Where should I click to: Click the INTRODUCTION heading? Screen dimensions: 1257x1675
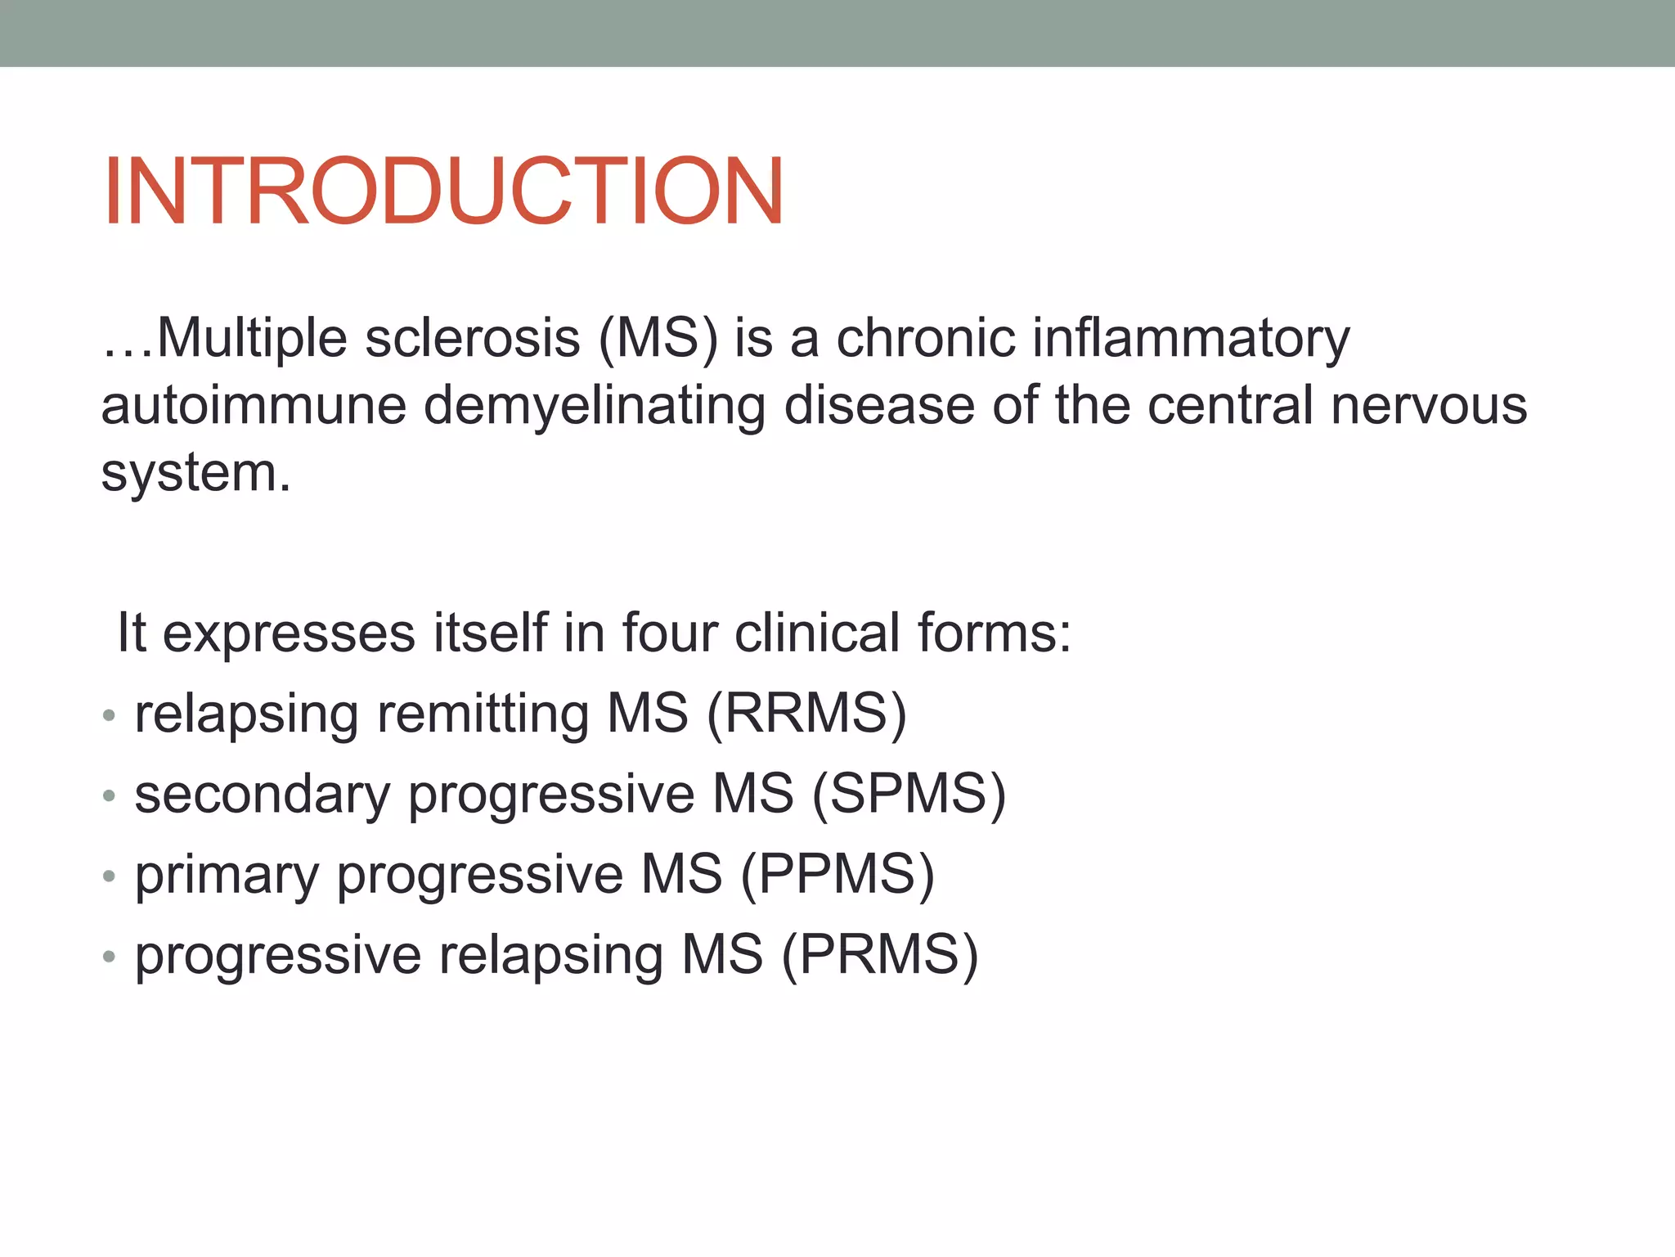(x=442, y=191)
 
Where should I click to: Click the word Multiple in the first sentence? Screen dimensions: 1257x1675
(x=251, y=338)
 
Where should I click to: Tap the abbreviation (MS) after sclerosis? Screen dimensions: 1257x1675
(x=658, y=338)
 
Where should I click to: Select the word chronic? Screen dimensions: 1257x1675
(x=925, y=338)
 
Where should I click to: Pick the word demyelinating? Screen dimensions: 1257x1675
(x=594, y=407)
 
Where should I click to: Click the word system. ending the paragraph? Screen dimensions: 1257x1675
(x=195, y=474)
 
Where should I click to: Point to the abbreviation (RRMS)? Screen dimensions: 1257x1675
(x=806, y=714)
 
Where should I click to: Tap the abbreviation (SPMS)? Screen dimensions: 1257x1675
(x=908, y=794)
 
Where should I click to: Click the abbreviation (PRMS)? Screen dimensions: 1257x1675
(x=879, y=954)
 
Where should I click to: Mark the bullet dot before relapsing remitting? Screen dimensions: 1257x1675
(x=109, y=716)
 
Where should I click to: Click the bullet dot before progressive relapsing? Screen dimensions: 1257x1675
(x=109, y=957)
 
